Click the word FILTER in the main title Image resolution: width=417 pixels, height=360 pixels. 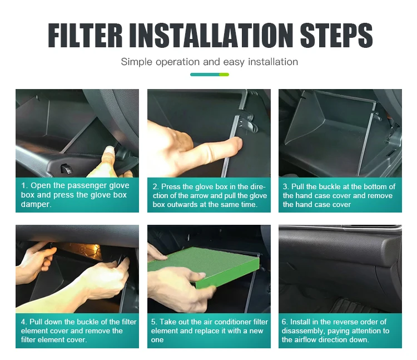85,36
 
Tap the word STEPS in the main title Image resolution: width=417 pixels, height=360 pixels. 336,36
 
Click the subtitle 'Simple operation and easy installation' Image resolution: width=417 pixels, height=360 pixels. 209,62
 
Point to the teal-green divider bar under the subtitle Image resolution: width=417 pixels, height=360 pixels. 209,75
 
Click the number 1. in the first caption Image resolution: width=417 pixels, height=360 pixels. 24,185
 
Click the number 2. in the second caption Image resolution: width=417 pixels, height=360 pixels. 156,186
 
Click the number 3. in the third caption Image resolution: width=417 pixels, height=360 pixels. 286,186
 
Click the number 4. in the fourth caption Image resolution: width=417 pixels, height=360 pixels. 24,322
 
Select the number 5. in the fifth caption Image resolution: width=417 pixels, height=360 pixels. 155,322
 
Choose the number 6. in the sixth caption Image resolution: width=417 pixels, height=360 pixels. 285,322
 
